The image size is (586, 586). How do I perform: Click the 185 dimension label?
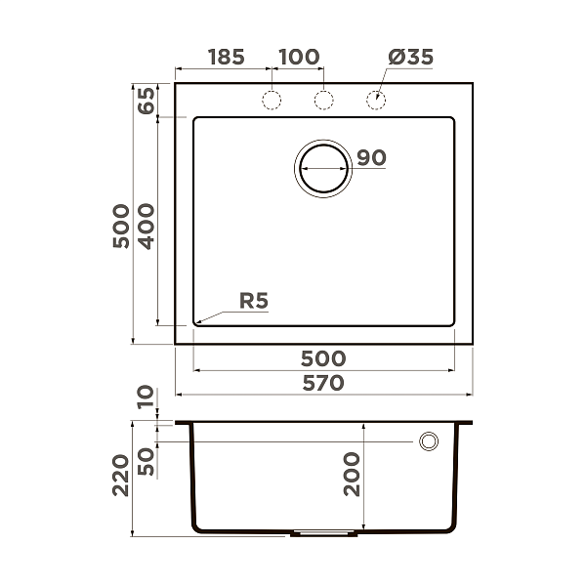(226, 57)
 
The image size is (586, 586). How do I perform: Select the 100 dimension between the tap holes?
(299, 57)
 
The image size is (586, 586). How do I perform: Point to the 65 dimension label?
(146, 102)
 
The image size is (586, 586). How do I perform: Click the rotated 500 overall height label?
(120, 227)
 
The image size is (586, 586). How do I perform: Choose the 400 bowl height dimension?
(146, 227)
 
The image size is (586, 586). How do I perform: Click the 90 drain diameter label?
(372, 157)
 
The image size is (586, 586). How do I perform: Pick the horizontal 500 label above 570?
(322, 358)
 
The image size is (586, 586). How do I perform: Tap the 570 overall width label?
(322, 383)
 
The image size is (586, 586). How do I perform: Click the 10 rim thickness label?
(146, 398)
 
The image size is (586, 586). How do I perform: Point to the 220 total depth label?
(120, 476)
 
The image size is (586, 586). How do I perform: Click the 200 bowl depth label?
(352, 476)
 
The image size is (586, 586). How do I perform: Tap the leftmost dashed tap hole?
(272, 100)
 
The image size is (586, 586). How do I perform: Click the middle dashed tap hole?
(323, 100)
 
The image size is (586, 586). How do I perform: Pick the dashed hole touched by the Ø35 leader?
(375, 100)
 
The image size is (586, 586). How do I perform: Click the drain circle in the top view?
(322, 168)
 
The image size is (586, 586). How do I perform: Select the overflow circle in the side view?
(428, 441)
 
